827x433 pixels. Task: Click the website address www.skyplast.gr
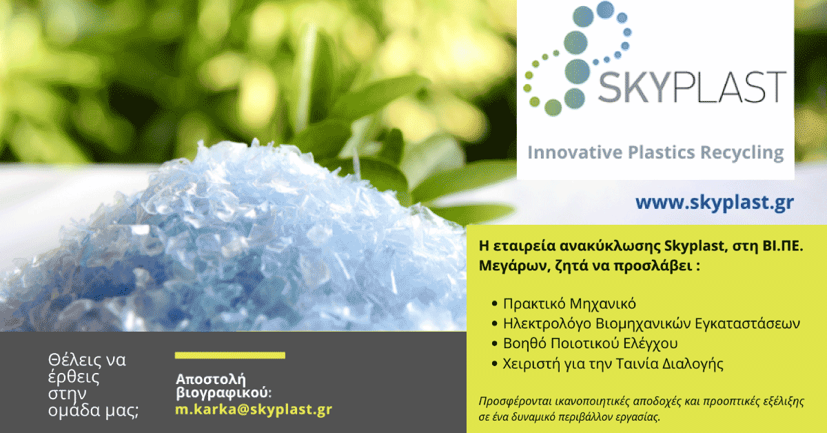(715, 203)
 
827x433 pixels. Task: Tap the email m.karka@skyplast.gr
(254, 410)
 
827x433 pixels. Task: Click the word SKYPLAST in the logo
(692, 87)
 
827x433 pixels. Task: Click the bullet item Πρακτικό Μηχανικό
(569, 303)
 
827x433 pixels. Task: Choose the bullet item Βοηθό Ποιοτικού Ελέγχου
(591, 343)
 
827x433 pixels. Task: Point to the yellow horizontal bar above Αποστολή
(230, 355)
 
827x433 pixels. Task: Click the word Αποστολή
(211, 379)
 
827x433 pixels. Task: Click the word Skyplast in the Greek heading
(695, 246)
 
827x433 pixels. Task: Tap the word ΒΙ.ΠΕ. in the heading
(783, 245)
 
